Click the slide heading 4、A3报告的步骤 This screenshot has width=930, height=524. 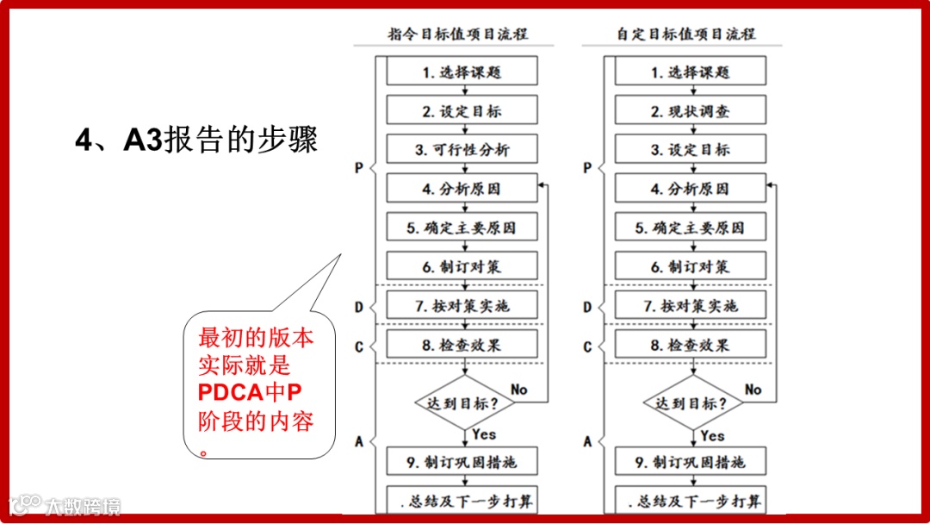[196, 140]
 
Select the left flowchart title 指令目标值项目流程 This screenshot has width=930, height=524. [457, 34]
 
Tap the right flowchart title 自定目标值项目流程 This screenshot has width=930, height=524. [685, 34]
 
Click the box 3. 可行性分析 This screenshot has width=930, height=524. [462, 150]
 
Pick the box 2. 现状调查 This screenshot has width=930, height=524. [691, 111]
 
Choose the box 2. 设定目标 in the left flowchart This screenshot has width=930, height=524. [462, 111]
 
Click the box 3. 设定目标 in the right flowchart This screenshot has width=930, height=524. [691, 150]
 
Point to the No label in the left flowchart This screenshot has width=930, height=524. [518, 390]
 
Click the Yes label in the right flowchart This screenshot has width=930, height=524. [712, 435]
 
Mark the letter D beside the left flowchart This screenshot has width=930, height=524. [359, 307]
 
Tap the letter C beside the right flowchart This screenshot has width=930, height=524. [587, 346]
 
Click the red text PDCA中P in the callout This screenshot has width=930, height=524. [250, 393]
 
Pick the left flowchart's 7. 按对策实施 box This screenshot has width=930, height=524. [462, 306]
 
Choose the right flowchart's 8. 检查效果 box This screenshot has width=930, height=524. [691, 346]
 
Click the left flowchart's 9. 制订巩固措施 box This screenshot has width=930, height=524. [462, 463]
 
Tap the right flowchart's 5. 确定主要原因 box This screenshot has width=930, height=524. [691, 228]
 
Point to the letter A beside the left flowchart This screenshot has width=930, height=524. [359, 441]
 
